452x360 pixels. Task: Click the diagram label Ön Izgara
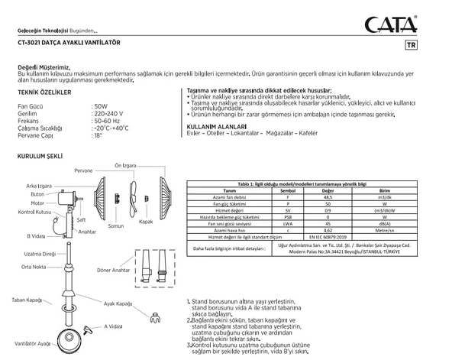coord(125,164)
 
